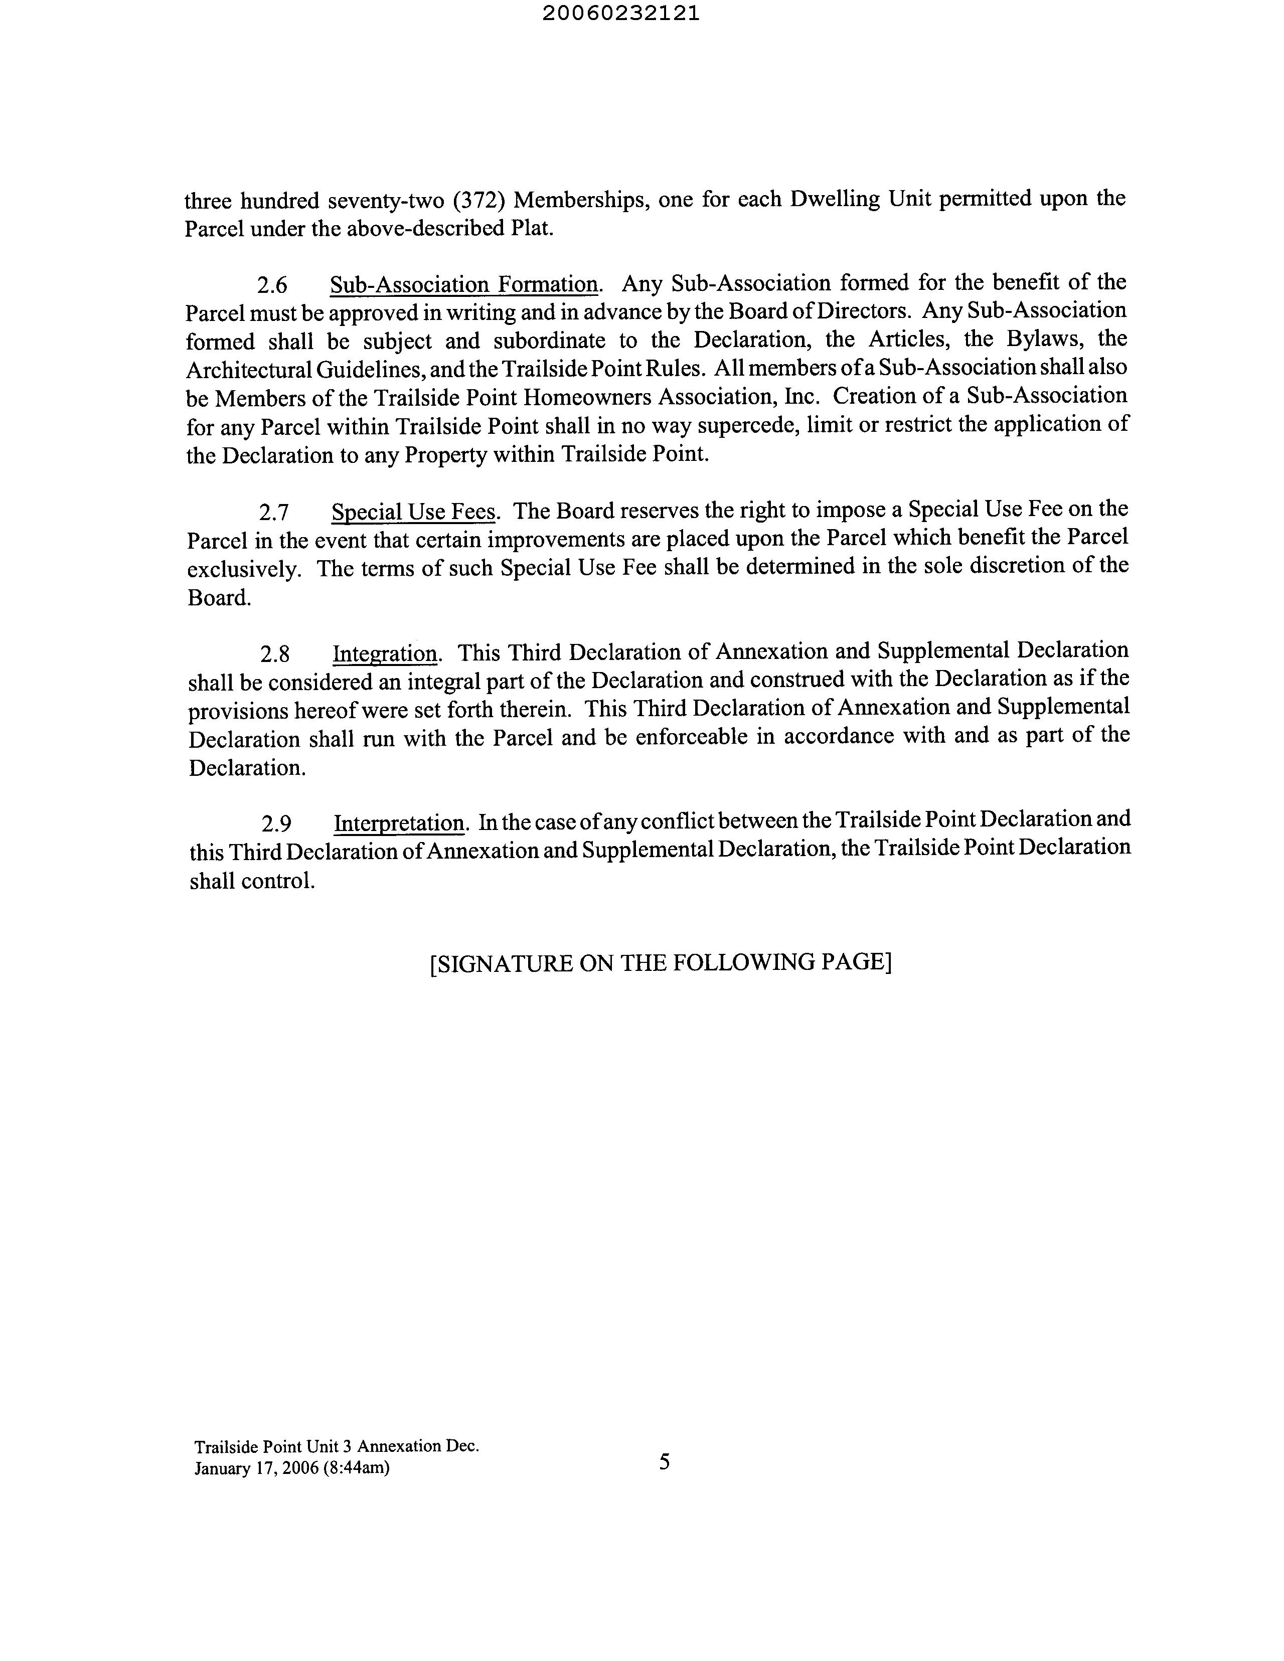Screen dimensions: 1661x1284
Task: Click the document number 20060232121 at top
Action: (621, 14)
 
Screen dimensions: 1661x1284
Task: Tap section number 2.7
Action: (274, 513)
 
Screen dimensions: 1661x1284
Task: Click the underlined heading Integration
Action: (385, 653)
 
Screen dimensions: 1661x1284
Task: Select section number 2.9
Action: (277, 823)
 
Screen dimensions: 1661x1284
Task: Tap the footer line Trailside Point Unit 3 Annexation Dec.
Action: (336, 1446)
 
